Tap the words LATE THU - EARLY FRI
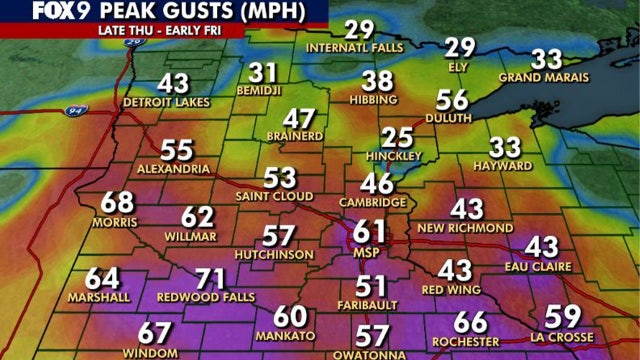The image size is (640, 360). point(161,30)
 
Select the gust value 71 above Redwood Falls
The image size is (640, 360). point(209,279)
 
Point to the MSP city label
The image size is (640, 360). point(369,254)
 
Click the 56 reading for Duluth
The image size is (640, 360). point(453,100)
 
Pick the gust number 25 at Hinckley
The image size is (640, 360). point(399,137)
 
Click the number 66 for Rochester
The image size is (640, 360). point(470,322)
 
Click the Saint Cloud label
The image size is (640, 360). point(280,198)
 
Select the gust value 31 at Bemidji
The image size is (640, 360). point(263,73)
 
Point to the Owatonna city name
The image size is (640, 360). point(372,354)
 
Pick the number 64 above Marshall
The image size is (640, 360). point(101,279)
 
